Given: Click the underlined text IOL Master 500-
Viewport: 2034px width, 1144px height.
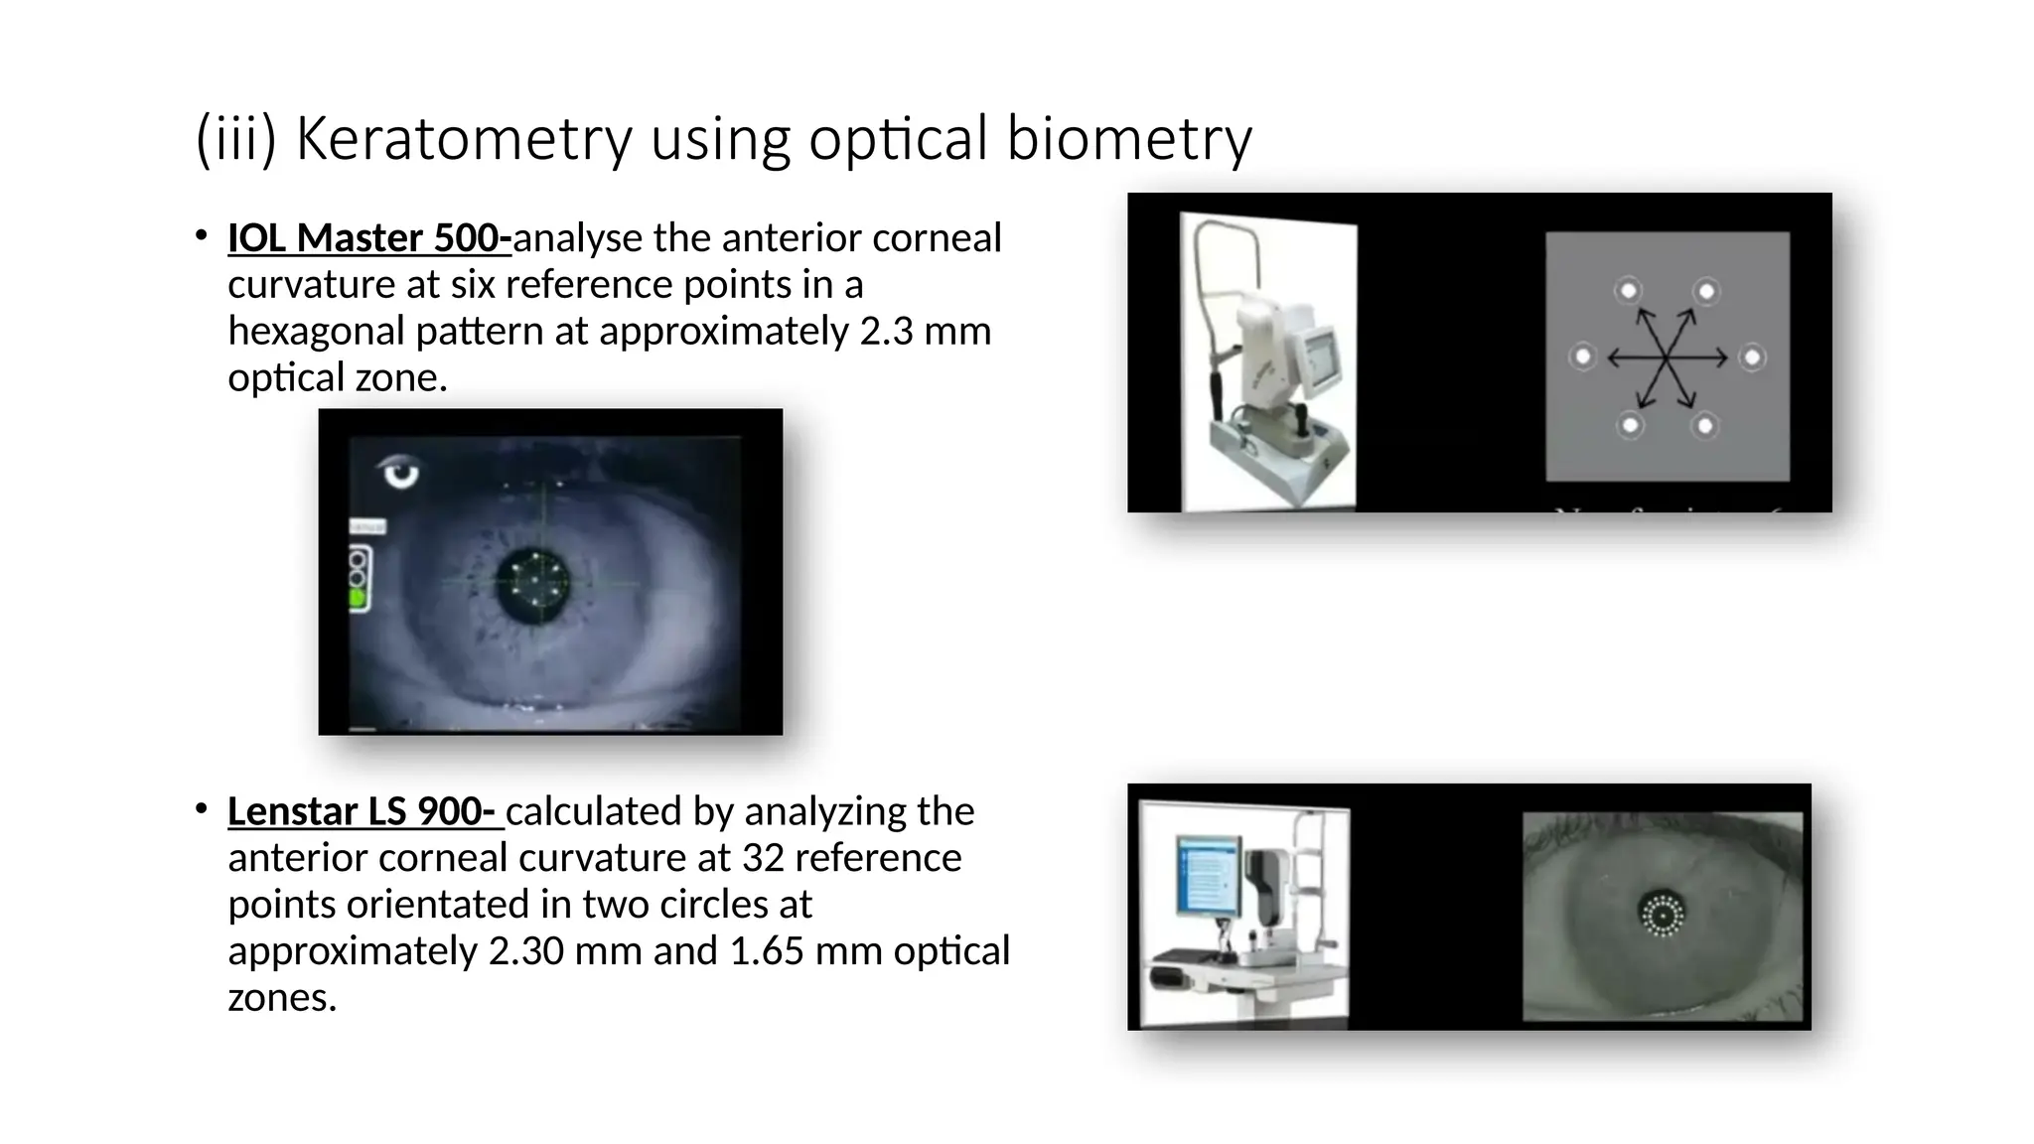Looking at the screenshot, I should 368,238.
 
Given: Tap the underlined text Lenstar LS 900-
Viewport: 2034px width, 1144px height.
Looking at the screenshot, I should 364,811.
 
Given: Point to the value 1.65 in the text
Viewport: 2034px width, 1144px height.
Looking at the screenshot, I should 766,951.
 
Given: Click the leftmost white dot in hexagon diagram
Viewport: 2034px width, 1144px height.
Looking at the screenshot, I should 1583,356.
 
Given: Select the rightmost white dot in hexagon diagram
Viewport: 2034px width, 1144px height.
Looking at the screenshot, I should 1753,357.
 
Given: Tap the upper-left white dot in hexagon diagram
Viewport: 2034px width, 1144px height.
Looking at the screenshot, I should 1629,291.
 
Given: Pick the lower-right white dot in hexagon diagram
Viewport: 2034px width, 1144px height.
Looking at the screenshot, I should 1705,426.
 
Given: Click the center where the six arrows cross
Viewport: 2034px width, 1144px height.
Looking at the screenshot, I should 1668,357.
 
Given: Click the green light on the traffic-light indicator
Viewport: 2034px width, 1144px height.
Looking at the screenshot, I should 358,597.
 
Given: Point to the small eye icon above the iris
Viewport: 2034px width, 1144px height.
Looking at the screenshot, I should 400,472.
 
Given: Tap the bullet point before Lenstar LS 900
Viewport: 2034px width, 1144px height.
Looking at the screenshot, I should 202,810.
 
